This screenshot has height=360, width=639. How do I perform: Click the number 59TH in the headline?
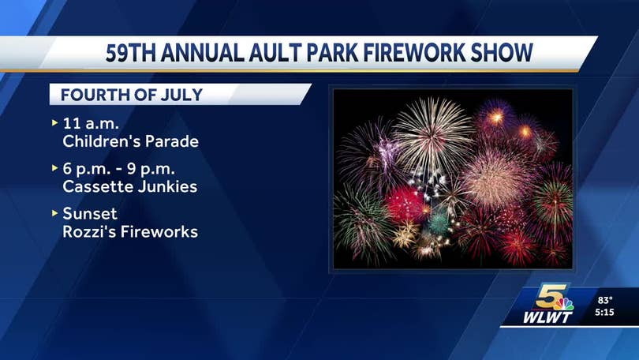click(131, 53)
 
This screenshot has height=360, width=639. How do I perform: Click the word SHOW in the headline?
click(502, 53)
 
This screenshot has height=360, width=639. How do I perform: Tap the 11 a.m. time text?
click(91, 123)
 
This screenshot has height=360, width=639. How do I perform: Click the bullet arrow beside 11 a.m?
click(55, 122)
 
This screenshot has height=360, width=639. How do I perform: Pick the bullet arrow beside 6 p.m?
click(55, 168)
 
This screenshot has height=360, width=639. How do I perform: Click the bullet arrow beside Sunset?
click(55, 213)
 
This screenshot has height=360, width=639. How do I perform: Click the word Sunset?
click(90, 214)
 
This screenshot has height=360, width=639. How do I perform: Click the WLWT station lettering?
click(547, 317)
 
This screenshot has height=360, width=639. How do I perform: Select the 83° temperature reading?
click(605, 301)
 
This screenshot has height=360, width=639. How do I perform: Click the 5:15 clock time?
click(604, 313)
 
